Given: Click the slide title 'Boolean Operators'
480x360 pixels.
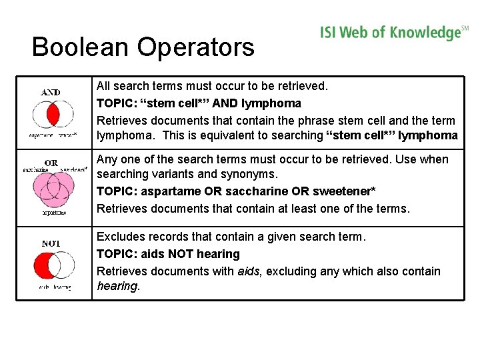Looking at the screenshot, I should click(x=143, y=47).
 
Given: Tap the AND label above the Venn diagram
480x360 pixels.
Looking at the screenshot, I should click(x=51, y=92).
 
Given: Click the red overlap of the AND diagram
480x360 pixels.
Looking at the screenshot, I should click(x=52, y=115).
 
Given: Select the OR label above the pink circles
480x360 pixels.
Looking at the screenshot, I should click(x=51, y=163).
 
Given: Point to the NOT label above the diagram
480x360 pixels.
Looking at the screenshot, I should click(x=51, y=243).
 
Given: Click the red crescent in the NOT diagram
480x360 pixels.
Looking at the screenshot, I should click(x=42, y=266).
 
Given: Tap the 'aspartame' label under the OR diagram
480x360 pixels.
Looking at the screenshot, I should click(x=54, y=213).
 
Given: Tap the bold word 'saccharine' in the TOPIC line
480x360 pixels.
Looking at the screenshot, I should click(x=257, y=191).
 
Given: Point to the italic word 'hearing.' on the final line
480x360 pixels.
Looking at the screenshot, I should click(x=118, y=286).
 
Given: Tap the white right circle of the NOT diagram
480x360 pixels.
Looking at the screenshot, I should click(x=64, y=266).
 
